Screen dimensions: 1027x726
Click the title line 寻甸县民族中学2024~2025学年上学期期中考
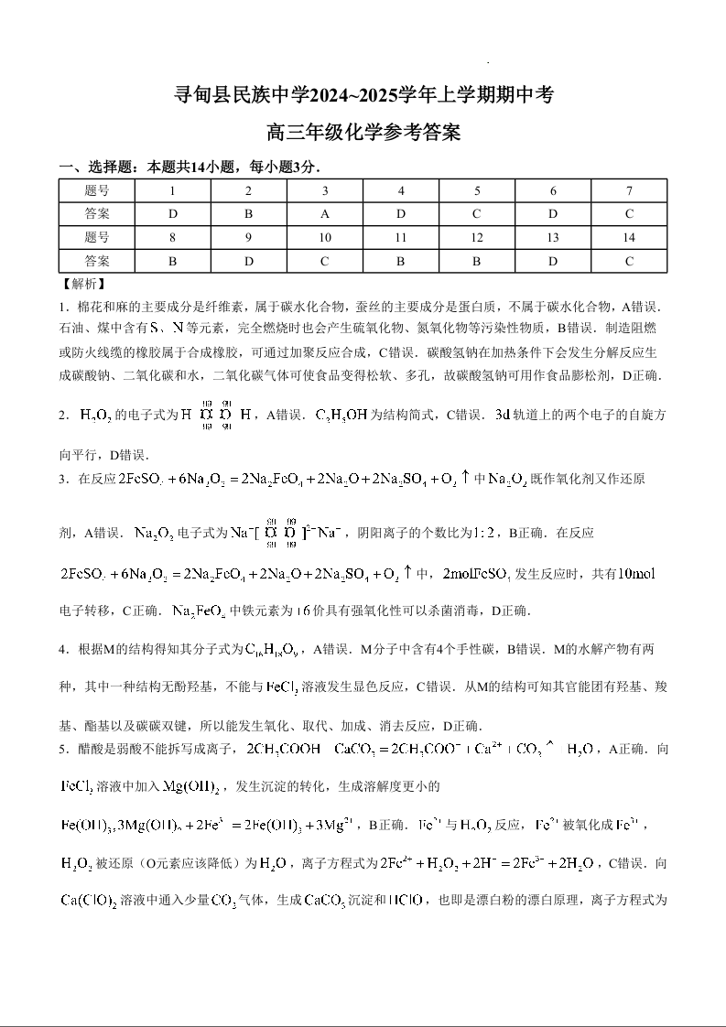363,94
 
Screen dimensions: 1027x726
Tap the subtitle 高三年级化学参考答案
363,133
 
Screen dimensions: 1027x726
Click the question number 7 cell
629,190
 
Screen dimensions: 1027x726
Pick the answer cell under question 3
324,214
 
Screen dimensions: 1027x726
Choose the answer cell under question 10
324,261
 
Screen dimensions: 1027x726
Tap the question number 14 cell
629,237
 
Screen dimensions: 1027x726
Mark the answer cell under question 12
477,261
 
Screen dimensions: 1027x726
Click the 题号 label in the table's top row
96,190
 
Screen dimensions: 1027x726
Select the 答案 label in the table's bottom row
96,261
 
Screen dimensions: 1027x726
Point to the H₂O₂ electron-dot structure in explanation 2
214,415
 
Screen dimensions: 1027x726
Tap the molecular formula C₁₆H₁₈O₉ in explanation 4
275,650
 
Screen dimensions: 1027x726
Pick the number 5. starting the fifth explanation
64,750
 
